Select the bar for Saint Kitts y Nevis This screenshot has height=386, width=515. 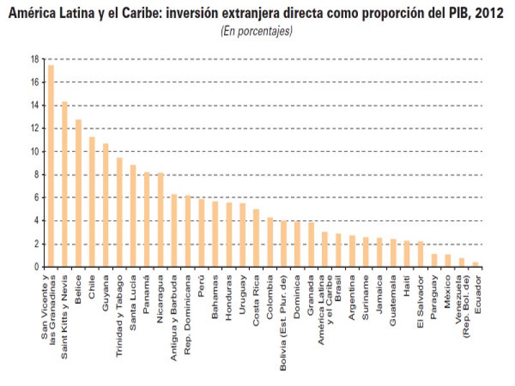coord(64,184)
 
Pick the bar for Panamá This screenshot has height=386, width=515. coord(147,219)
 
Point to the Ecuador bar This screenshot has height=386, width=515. coord(476,264)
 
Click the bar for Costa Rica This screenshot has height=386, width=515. coord(256,238)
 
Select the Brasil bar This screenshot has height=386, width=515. coord(339,250)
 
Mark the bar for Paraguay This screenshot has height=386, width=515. coord(435,260)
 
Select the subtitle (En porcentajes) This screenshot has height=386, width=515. coord(257,30)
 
